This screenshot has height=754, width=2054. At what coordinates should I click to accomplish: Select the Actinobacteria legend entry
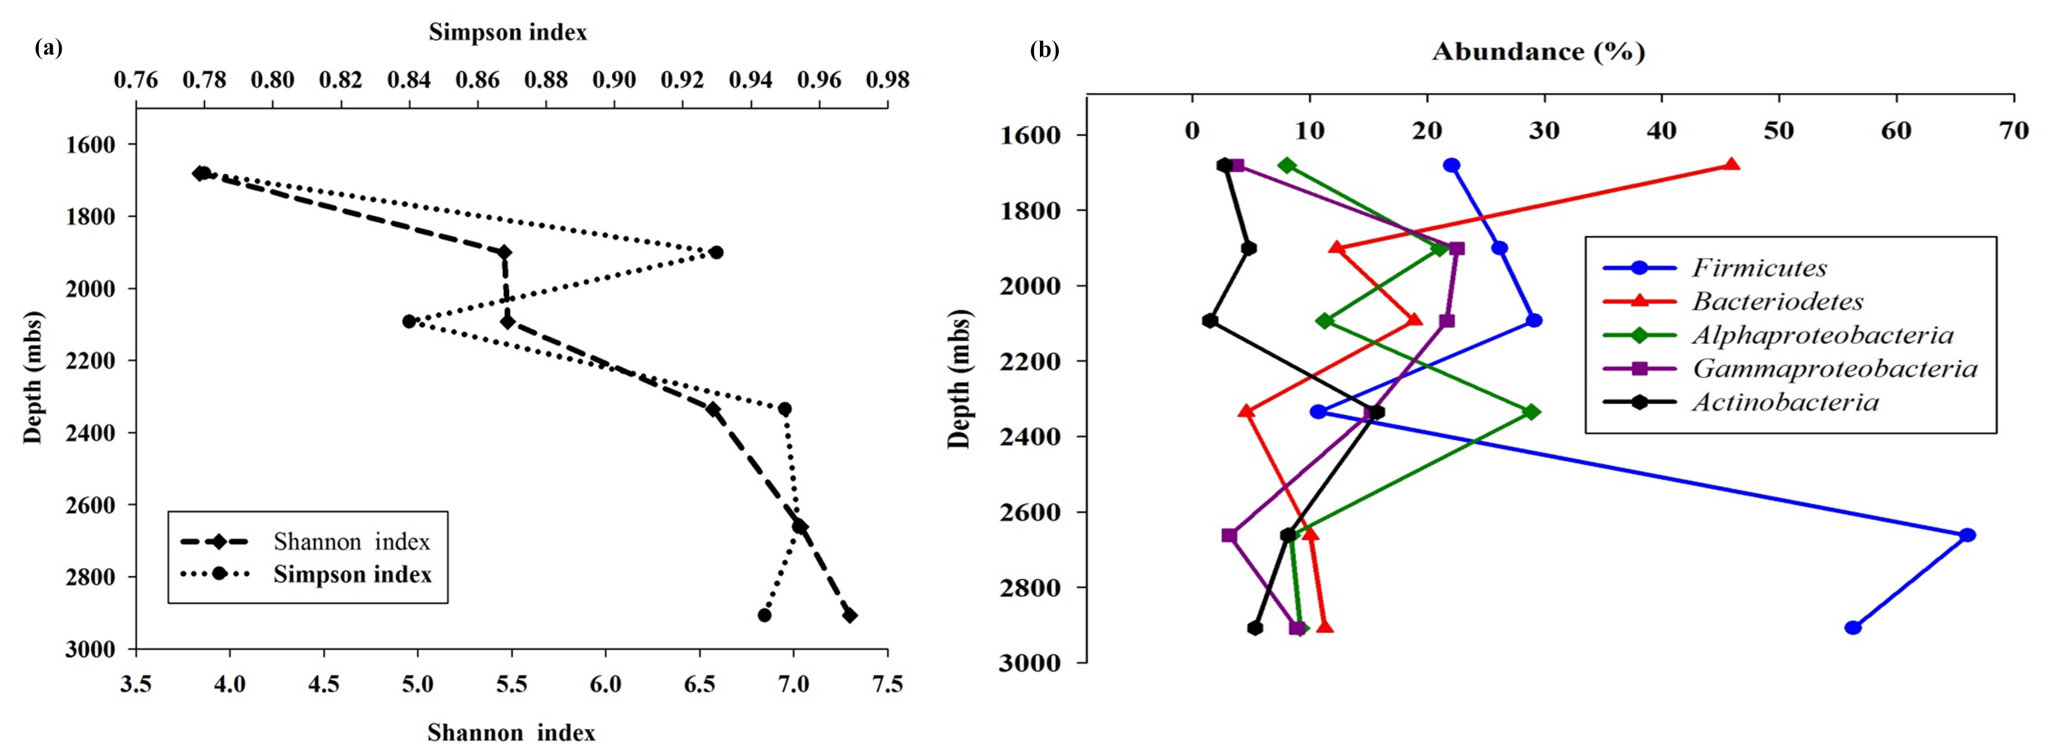(x=1785, y=402)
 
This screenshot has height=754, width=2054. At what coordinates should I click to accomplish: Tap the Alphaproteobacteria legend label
(x=1822, y=335)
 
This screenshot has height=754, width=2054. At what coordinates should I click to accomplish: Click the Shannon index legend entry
(x=351, y=542)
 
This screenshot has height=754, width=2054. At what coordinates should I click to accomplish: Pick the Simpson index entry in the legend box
(x=352, y=574)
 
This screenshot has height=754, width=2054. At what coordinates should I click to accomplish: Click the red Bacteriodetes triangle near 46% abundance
(x=1731, y=165)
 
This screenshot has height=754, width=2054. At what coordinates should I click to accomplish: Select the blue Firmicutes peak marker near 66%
(x=1967, y=535)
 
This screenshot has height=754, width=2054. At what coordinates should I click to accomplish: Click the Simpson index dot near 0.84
(x=409, y=321)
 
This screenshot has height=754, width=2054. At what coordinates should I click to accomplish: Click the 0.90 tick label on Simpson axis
(x=615, y=80)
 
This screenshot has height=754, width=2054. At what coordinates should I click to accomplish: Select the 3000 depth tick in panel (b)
(x=1029, y=662)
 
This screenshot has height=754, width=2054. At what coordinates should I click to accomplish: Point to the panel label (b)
(x=1045, y=51)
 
